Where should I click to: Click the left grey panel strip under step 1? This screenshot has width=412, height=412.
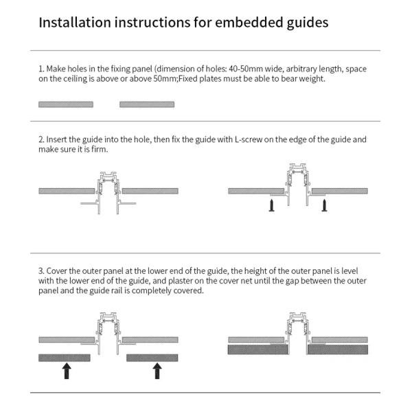(66, 104)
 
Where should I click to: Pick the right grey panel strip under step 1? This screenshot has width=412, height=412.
(147, 104)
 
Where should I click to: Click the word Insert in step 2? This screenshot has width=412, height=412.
(56, 139)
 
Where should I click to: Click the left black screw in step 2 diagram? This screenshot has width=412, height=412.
(272, 205)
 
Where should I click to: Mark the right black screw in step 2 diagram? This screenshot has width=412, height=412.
(323, 205)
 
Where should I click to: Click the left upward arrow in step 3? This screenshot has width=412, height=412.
(67, 371)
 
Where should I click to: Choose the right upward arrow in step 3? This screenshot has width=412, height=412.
(157, 371)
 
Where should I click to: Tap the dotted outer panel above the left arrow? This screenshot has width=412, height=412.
(65, 358)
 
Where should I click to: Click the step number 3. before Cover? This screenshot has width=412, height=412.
(41, 271)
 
